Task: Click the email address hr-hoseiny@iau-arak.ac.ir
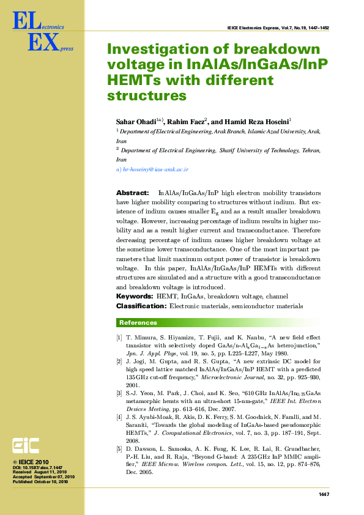[155, 169]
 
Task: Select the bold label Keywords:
[135, 296]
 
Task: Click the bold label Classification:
[141, 305]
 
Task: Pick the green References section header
[138, 323]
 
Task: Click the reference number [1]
[119, 338]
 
